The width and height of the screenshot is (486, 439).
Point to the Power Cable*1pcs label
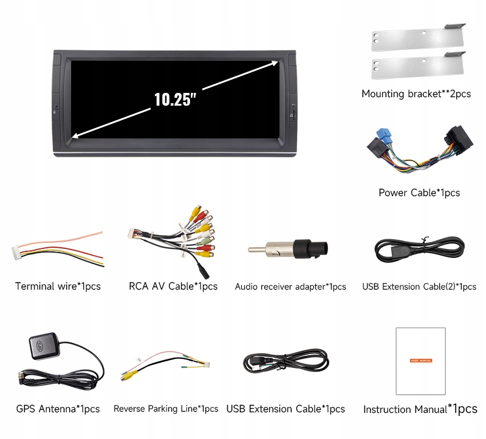click(x=419, y=193)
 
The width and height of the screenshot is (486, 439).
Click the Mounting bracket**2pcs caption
click(x=416, y=94)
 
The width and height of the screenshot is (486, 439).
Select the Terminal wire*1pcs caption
click(x=58, y=286)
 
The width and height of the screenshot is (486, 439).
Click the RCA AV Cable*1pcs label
click(x=173, y=286)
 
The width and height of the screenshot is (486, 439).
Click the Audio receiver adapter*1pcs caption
click(x=290, y=287)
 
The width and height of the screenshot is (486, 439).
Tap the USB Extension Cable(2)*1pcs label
click(x=419, y=287)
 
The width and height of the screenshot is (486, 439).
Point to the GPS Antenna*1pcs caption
click(x=58, y=409)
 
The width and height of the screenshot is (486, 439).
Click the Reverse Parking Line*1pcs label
click(x=166, y=409)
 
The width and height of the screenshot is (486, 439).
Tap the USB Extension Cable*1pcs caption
click(x=286, y=409)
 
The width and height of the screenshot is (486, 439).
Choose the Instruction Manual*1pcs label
click(x=420, y=409)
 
